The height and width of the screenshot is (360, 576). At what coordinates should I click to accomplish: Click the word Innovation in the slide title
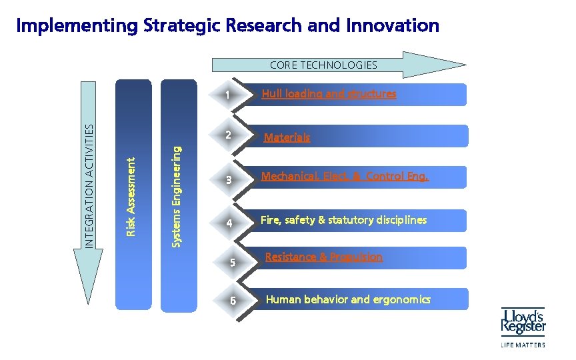pyautogui.click(x=393, y=26)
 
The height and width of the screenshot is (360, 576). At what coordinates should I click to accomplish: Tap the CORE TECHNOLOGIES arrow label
pyautogui.click(x=323, y=65)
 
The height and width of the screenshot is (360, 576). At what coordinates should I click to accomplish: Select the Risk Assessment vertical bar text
pyautogui.click(x=132, y=196)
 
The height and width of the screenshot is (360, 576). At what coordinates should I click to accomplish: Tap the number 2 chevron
pyautogui.click(x=228, y=135)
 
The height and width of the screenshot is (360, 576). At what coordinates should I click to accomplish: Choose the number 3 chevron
pyautogui.click(x=228, y=180)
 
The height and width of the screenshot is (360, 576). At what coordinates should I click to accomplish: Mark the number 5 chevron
pyautogui.click(x=232, y=262)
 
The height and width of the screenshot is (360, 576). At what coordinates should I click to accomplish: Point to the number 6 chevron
pyautogui.click(x=232, y=300)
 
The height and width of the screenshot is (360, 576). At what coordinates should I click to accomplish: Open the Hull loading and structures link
pyautogui.click(x=329, y=94)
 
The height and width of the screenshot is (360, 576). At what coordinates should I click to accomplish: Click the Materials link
pyautogui.click(x=287, y=138)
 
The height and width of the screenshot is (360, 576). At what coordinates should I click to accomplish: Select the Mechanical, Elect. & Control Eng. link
pyautogui.click(x=345, y=177)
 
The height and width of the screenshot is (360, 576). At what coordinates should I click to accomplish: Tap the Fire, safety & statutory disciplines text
pyautogui.click(x=343, y=220)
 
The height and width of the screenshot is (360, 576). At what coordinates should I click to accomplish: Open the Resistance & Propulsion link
pyautogui.click(x=324, y=257)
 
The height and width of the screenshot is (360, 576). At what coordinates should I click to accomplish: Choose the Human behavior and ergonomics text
pyautogui.click(x=348, y=299)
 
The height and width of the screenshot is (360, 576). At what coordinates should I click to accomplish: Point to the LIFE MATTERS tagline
pyautogui.click(x=523, y=345)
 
